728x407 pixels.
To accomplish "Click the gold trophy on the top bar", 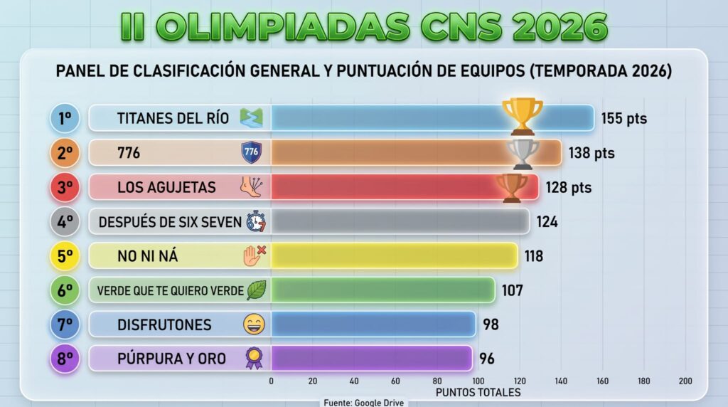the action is coord(523,116).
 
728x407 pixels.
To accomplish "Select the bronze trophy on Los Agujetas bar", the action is coord(512,188).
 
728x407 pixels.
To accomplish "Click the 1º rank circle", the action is coord(65,119).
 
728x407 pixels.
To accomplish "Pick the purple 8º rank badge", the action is coord(65,359).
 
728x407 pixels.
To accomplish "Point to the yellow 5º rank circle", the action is coord(65,256).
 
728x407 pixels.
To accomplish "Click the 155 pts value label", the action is coord(624,119).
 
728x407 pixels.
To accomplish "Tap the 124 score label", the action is coord(547,221).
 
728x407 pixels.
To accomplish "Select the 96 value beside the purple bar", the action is coord(487,359).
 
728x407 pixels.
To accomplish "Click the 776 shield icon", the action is coord(252,152).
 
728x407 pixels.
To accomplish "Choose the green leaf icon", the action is coord(256,290).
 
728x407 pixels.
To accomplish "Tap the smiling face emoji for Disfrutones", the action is coord(255,324).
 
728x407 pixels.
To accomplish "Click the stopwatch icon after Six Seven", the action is coord(256,221).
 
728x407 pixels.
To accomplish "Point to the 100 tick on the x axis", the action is coord(478,381).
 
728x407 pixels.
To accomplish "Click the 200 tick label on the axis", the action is coord(685,381).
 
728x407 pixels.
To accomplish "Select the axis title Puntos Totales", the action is coord(478,393).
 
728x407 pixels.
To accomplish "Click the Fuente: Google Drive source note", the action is coord(363,403).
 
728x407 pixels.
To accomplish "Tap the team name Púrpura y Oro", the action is coord(172,359).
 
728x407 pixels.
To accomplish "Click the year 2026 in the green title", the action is coord(560,26).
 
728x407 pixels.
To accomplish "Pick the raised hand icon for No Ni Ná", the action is coord(255,256).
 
